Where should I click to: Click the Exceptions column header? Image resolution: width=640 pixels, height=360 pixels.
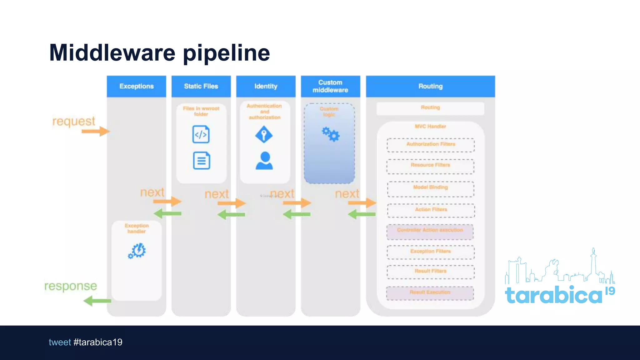tap(137, 86)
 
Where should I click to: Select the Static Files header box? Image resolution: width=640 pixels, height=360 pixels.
tap(201, 86)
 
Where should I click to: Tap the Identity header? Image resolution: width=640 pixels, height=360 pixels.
tap(266, 86)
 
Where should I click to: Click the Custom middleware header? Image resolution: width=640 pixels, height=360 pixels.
tap(330, 86)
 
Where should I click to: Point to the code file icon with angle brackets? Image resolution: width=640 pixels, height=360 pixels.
tap(201, 134)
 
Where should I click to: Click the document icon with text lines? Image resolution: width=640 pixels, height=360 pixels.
tap(202, 161)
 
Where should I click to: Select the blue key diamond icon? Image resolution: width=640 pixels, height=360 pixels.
tap(264, 134)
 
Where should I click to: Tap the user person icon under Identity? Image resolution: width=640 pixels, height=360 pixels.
tap(264, 161)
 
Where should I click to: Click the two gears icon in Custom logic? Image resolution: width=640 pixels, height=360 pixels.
tap(331, 134)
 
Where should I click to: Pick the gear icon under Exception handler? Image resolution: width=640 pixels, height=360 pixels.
tap(137, 251)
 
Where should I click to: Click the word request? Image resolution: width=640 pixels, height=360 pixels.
tap(74, 121)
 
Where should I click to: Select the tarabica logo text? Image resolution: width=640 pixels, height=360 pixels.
tap(553, 295)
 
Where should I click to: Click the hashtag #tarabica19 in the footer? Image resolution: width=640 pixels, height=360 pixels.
tap(98, 342)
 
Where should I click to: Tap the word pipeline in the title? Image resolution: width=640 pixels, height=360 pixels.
tap(226, 53)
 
